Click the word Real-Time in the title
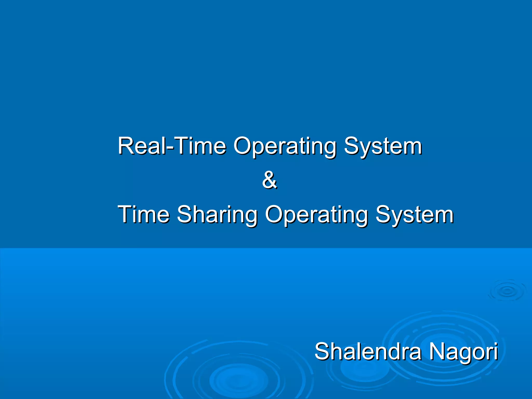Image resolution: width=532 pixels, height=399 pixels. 172,146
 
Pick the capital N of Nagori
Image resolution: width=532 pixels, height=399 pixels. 438,351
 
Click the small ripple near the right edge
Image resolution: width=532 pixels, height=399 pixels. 507,291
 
